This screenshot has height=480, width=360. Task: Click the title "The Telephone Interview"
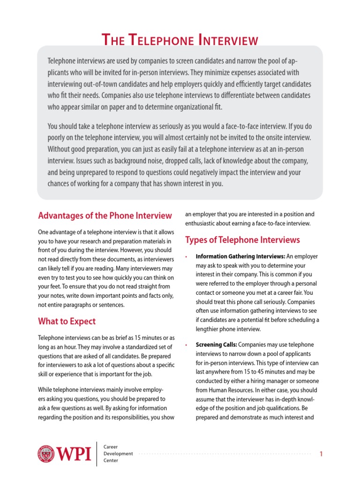coord(180,40)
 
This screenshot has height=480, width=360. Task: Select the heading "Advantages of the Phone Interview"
coord(105,216)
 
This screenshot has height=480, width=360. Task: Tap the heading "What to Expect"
coord(67,321)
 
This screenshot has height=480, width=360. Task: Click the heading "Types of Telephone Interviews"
coord(242,240)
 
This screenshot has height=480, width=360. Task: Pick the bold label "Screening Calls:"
coord(216,345)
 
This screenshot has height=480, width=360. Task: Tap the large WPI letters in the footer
coord(74,454)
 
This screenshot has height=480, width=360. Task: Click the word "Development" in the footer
coord(118,453)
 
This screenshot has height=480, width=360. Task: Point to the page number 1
coord(321,454)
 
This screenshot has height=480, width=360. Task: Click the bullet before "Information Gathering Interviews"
coord(187,257)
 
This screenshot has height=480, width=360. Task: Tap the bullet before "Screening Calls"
coord(187,345)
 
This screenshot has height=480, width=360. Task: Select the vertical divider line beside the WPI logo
coord(97,453)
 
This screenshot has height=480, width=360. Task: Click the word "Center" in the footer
coord(112,461)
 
